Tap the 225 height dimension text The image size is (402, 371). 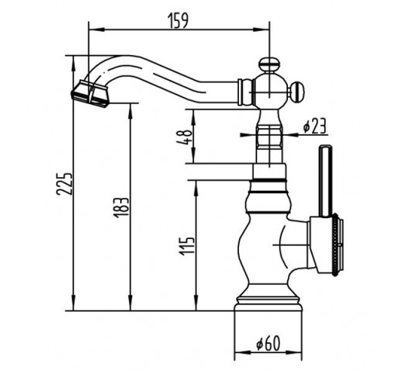64,184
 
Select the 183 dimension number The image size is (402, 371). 121,207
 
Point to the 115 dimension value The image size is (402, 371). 187,246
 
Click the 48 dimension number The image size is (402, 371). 187,137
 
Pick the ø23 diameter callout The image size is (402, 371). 315,126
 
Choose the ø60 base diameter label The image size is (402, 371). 269,343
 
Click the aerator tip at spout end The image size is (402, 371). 90,94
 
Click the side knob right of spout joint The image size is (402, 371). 297,92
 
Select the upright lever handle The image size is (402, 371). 325,181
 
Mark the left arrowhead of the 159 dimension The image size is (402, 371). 96,29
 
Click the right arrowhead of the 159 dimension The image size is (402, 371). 262,29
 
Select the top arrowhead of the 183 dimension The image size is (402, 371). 130,111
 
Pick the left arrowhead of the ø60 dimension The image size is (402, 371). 242,352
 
